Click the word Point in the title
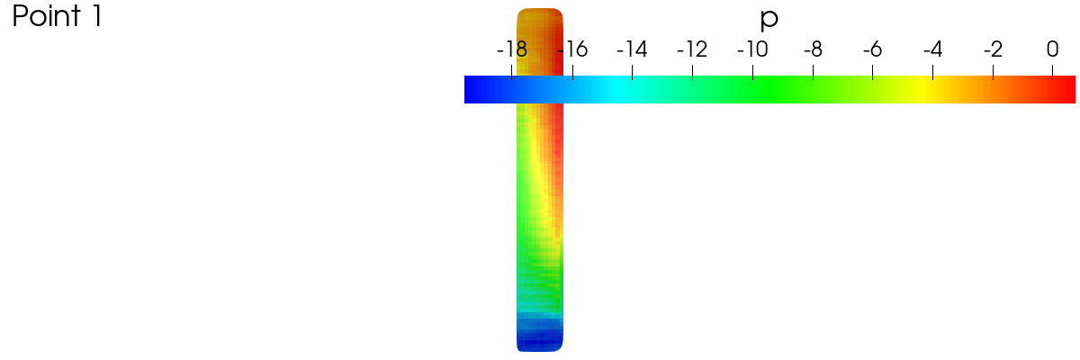pos(46,16)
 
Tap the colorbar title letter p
pos(769,19)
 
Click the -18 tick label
pos(512,49)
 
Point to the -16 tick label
pos(572,49)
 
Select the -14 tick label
pos(632,49)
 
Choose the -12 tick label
pos(692,49)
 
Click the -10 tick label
pos(752,49)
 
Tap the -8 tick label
pos(813,49)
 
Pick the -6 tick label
pos(873,49)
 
